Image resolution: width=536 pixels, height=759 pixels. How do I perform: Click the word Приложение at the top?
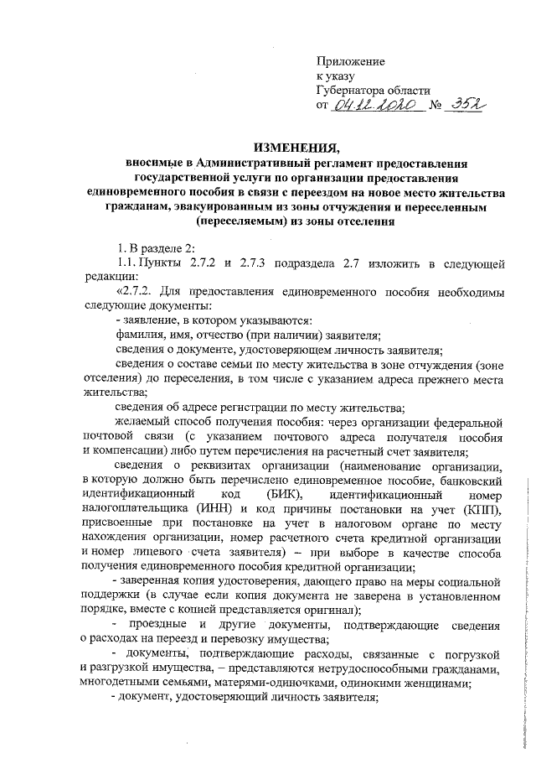[350, 62]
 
